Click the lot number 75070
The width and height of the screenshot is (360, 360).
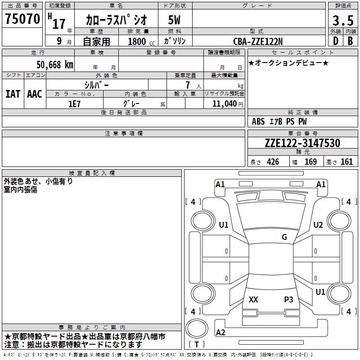click(22, 19)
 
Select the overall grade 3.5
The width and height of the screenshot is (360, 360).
click(343, 20)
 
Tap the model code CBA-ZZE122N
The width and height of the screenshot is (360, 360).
click(258, 41)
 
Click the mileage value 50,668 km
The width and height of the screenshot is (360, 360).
click(55, 65)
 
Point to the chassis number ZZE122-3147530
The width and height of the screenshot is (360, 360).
click(302, 143)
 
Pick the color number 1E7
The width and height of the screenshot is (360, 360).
click(74, 104)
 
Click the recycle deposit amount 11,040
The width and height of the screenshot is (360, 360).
click(225, 104)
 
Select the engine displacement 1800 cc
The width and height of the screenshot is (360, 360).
click(141, 42)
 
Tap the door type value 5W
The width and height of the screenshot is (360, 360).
click(174, 20)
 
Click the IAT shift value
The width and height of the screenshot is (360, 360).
click(13, 94)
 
